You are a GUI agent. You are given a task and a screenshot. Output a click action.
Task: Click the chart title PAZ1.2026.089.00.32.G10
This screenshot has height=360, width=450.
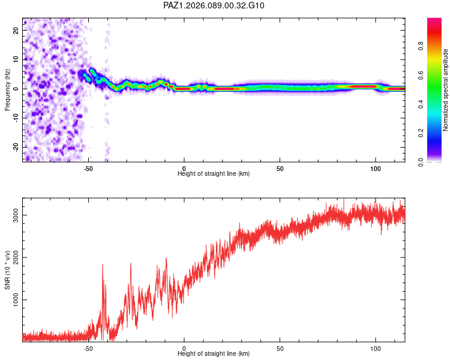click(214, 6)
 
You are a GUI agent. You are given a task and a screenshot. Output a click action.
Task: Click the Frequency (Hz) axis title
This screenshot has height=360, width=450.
click(8, 89)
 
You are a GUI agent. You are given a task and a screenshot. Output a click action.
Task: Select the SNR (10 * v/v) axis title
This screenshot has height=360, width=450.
click(8, 268)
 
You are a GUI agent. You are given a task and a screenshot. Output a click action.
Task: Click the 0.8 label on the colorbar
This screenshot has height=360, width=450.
click(421, 46)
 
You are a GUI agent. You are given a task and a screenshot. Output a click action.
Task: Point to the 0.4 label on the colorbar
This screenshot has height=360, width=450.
click(421, 104)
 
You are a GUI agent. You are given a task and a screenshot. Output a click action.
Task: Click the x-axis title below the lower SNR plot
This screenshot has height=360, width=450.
click(214, 354)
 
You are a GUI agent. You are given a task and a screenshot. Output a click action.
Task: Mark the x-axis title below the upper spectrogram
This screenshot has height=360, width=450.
click(214, 173)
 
